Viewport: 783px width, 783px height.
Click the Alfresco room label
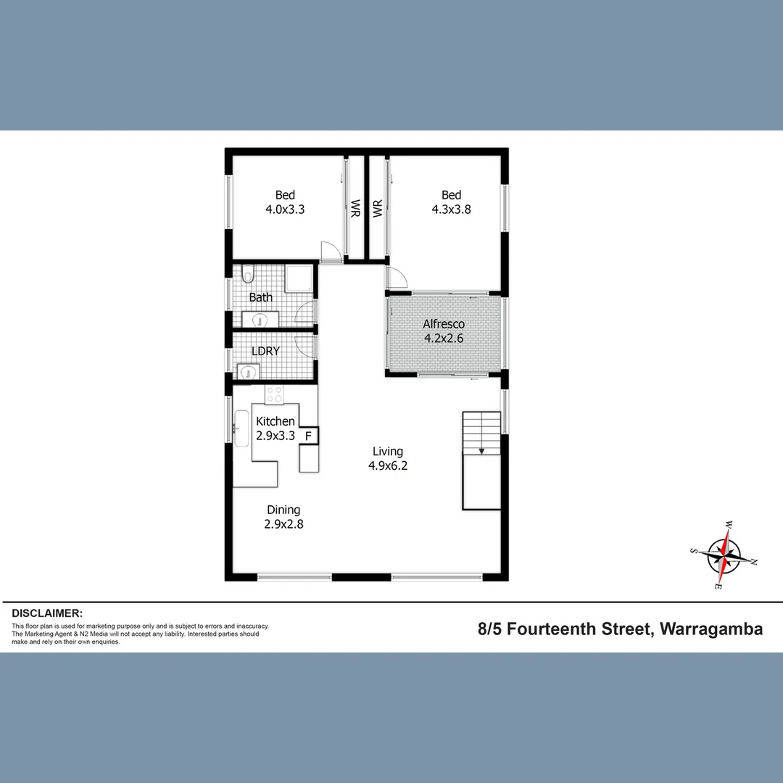[444, 324]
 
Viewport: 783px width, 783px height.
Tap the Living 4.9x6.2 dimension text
[388, 466]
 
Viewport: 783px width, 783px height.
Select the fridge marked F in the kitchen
[308, 436]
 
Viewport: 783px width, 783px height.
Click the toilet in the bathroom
[249, 273]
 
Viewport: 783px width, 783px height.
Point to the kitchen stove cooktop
[275, 394]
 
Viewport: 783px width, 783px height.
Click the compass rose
[725, 554]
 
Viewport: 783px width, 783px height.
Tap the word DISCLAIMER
[47, 613]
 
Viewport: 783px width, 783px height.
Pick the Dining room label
[283, 510]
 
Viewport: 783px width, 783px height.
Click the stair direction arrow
[481, 449]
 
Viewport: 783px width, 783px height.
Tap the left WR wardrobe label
[356, 209]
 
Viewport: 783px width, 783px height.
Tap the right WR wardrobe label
[377, 209]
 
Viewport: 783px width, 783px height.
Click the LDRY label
[265, 351]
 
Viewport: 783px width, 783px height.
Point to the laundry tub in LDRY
[249, 372]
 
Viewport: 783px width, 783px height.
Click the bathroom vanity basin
[259, 318]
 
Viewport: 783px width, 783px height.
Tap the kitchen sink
[241, 428]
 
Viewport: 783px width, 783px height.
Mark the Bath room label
[261, 297]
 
